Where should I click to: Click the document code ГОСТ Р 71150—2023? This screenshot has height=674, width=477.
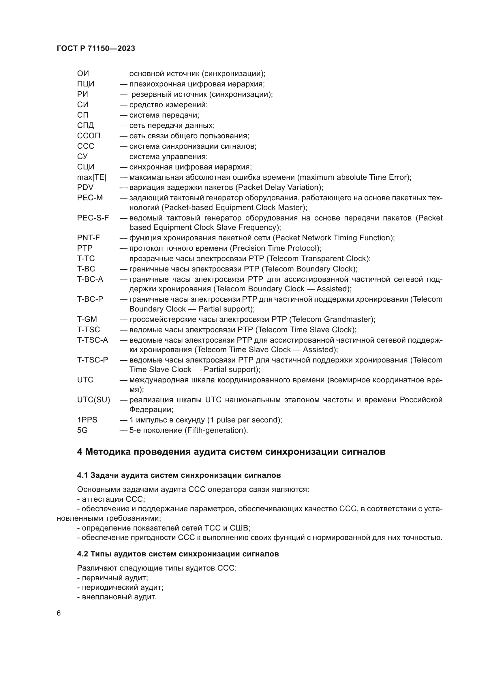pyautogui.click(x=96, y=48)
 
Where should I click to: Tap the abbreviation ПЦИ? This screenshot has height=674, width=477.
pyautogui.click(x=86, y=84)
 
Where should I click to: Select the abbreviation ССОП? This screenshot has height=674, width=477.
pyautogui.click(x=89, y=136)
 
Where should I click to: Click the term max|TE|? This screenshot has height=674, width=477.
pyautogui.click(x=92, y=177)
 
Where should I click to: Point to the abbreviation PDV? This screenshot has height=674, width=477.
pyautogui.click(x=85, y=187)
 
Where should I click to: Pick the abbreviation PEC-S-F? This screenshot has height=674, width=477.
pyautogui.click(x=93, y=218)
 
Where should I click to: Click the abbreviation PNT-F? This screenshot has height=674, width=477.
pyautogui.click(x=89, y=238)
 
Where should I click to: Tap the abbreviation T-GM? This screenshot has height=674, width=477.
pyautogui.click(x=87, y=319)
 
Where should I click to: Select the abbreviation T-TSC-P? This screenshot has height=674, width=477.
pyautogui.click(x=93, y=360)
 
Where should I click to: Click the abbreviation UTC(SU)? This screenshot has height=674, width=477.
pyautogui.click(x=93, y=400)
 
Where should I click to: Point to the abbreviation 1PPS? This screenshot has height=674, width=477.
pyautogui.click(x=87, y=420)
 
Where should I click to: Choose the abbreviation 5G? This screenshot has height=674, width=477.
pyautogui.click(x=82, y=430)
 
